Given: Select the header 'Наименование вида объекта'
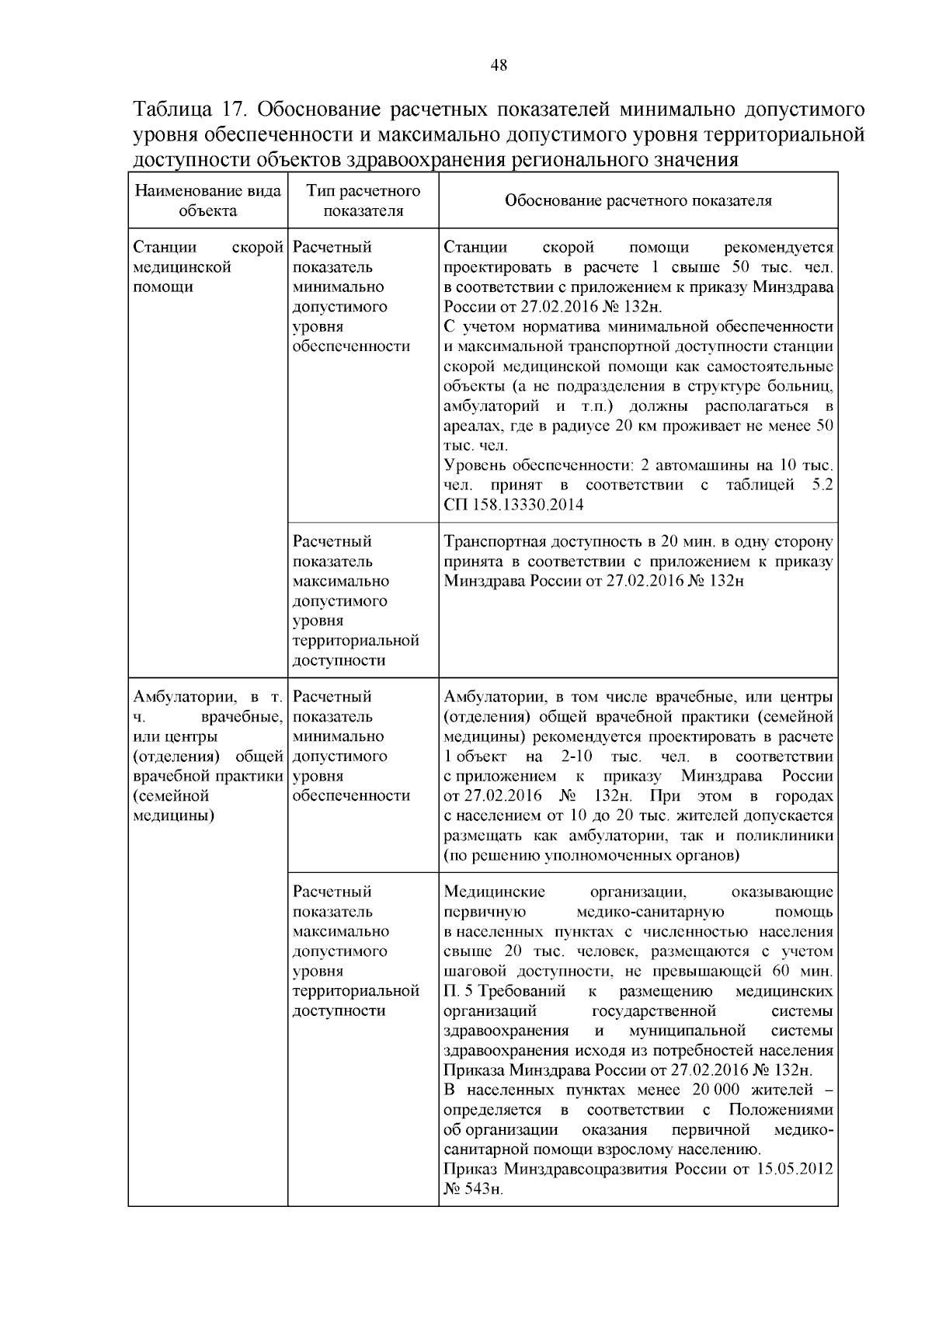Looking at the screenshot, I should point(207,200).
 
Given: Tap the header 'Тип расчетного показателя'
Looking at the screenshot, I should point(363,200).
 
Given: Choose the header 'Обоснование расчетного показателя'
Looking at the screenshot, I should point(638,200).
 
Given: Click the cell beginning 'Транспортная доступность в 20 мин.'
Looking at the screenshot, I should point(638,562).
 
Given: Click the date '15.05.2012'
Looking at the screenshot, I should point(794,1170).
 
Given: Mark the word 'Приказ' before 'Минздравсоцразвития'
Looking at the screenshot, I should point(471,1170).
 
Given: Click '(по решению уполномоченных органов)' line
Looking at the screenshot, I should point(591,856).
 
